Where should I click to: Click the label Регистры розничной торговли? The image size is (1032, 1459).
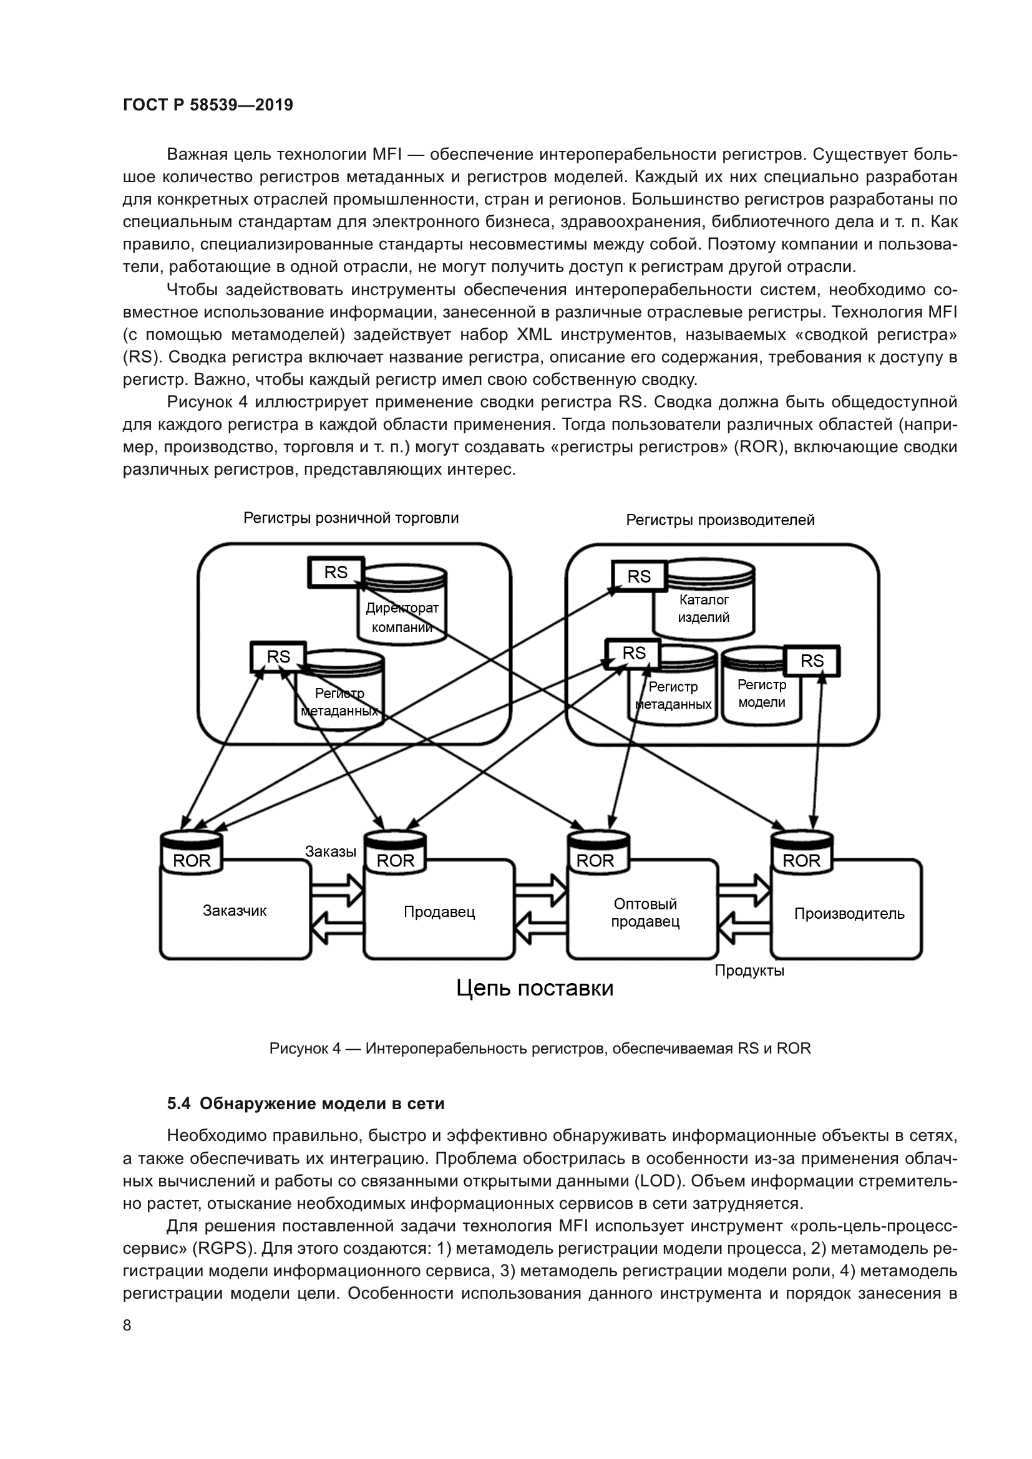[351, 518]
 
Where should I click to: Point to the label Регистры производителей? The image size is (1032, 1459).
[720, 520]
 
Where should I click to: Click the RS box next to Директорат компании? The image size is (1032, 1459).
[336, 573]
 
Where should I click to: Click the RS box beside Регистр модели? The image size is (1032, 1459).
[812, 661]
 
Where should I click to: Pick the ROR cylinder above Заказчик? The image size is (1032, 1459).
[192, 853]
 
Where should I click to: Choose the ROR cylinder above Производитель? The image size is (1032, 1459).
[801, 853]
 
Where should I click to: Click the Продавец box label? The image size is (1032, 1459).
[439, 913]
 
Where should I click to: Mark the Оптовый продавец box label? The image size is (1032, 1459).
[645, 913]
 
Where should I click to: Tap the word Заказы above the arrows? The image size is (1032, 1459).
[331, 851]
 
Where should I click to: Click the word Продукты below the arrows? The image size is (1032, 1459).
[749, 971]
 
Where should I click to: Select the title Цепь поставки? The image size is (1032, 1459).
[535, 989]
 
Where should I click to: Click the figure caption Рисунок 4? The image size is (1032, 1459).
[540, 1049]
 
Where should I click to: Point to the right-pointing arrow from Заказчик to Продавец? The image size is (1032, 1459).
[338, 889]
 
